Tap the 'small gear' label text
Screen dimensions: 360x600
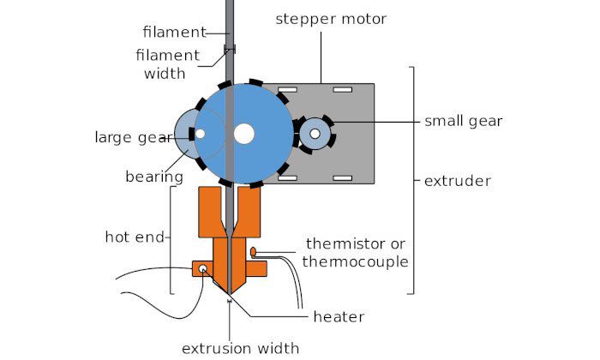[x=463, y=121]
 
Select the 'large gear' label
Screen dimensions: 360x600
[x=130, y=136]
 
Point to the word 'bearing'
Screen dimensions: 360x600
[x=154, y=177]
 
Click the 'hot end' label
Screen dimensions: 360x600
[x=135, y=236]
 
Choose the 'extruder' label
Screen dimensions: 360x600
[x=458, y=181]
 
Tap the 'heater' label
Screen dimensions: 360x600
[x=339, y=316]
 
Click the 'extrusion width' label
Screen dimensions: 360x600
[x=240, y=347]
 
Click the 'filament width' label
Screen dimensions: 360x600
[x=167, y=64]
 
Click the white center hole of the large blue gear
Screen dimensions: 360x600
[x=244, y=133]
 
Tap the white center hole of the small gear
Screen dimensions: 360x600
[x=315, y=133]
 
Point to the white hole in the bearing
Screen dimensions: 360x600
[x=200, y=134]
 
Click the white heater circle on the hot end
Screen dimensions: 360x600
[x=203, y=269]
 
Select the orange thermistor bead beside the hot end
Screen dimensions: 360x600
[x=255, y=251]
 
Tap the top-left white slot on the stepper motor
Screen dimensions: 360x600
[x=286, y=89]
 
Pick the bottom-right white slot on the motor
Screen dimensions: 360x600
[x=342, y=177]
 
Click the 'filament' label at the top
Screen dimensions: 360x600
[x=174, y=33]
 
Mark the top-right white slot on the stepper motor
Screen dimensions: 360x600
[x=342, y=89]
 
